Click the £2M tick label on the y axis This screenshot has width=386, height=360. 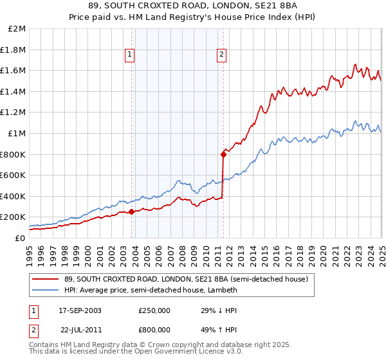coord(17,29)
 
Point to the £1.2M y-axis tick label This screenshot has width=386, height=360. coord(14,113)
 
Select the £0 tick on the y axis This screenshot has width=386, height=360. coord(20,238)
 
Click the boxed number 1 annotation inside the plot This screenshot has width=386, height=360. coord(130,55)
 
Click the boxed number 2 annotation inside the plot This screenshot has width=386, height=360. coord(221,55)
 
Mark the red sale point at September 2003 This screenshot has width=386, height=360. coord(131,212)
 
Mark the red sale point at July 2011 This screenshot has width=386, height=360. coord(223,154)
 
